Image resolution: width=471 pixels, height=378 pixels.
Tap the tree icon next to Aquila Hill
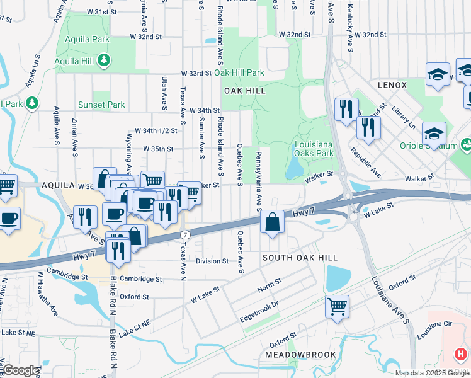[x=105, y=61]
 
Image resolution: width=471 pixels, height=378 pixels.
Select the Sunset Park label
[x=101, y=105]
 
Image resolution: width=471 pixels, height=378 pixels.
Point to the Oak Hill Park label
[x=239, y=73]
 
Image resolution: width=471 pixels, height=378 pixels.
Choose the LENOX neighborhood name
[x=392, y=84]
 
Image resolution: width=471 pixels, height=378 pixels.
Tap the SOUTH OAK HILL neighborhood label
[x=300, y=258]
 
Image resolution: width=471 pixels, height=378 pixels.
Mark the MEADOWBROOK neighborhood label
[x=300, y=355]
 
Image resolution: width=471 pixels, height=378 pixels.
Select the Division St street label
[x=212, y=261]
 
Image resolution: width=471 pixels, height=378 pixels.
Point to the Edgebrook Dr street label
[x=259, y=311]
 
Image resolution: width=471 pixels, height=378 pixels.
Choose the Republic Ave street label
[x=366, y=163]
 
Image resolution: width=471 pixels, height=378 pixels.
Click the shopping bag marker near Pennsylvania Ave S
[x=271, y=222]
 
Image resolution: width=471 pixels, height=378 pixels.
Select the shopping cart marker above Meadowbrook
[x=337, y=306]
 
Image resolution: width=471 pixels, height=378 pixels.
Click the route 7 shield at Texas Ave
[x=184, y=234]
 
